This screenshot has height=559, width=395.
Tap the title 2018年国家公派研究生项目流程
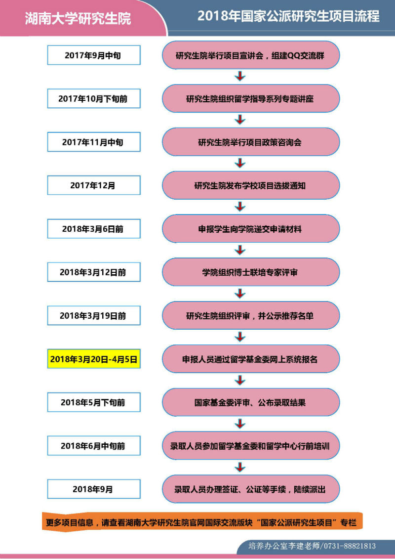(288, 16)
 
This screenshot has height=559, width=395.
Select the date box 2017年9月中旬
(94, 55)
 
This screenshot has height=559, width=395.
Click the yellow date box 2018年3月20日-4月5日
(94, 359)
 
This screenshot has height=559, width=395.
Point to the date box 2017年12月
(94, 185)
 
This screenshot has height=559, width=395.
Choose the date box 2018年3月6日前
(94, 229)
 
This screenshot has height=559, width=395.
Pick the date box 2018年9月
(94, 489)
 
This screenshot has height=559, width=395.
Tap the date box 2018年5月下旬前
(94, 402)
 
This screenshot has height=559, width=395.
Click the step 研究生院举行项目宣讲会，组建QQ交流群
(251, 55)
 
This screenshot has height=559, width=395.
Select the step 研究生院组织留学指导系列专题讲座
(251, 98)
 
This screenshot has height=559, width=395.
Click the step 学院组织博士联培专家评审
(251, 272)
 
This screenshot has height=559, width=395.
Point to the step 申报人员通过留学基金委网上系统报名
(251, 359)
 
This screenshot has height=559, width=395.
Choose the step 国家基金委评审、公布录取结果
(251, 402)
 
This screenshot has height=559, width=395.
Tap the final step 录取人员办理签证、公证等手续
(251, 489)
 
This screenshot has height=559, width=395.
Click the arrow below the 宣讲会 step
(240, 76)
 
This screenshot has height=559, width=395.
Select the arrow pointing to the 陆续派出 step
(240, 467)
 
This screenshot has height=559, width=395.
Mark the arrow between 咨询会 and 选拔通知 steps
(240, 163)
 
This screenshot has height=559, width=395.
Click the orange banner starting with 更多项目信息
(202, 522)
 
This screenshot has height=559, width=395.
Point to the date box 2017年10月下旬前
(94, 98)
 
